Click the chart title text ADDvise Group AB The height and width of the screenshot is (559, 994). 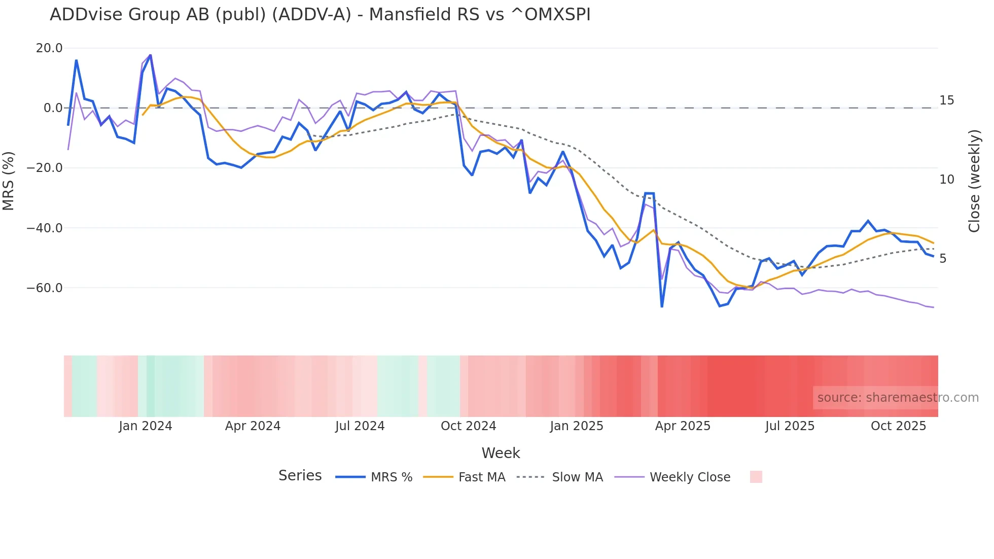click(319, 15)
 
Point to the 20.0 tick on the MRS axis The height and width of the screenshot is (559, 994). click(49, 48)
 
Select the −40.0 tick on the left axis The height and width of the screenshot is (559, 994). click(45, 228)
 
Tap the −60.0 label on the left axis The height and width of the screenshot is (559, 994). click(45, 288)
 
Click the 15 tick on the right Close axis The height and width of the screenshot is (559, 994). click(946, 100)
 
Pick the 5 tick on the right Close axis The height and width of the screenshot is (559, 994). click(943, 259)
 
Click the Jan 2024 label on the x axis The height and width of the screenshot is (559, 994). click(146, 426)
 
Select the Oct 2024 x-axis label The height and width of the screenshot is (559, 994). click(468, 426)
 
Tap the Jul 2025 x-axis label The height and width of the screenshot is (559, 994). click(790, 426)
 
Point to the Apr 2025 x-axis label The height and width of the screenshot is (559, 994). click(683, 426)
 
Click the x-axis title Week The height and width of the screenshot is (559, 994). click(501, 453)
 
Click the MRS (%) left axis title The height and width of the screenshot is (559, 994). click(9, 181)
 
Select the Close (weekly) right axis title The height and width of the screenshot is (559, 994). click(974, 181)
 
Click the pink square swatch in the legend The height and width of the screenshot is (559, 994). click(756, 477)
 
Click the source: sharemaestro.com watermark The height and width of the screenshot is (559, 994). click(898, 398)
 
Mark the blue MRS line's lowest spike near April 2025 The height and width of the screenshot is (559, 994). click(662, 306)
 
